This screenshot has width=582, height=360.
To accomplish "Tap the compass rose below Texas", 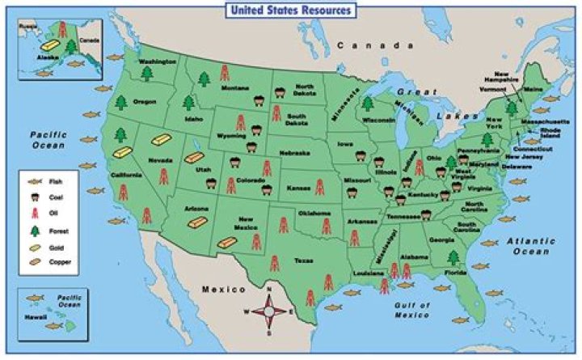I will click(270, 310).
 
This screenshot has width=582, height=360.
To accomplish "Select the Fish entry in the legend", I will click(54, 182).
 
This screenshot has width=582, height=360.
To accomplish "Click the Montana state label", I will click(234, 87).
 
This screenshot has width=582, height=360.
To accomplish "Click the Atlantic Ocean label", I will click(531, 246).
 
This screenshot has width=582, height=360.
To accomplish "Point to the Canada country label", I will click(369, 46).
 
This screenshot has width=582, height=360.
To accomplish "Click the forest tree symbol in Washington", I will click(148, 74).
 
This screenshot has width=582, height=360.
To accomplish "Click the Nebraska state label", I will click(294, 153).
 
